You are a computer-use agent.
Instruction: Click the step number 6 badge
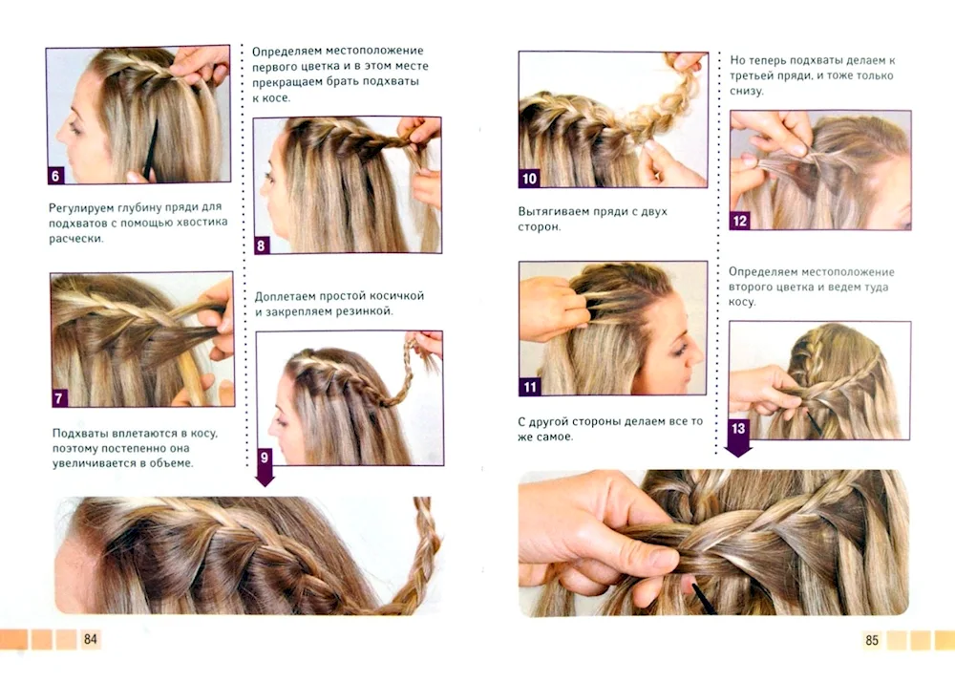(55, 175)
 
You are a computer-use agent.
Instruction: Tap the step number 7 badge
(60, 397)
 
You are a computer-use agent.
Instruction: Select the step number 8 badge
(263, 245)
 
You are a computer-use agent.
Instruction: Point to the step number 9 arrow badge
(265, 458)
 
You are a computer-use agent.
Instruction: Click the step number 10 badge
(529, 178)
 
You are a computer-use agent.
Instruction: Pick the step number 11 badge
(529, 387)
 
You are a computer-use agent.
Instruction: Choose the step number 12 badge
(740, 222)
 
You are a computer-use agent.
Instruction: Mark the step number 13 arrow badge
(738, 431)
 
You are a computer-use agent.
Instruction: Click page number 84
(92, 639)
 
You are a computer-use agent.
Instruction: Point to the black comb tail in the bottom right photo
(704, 598)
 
